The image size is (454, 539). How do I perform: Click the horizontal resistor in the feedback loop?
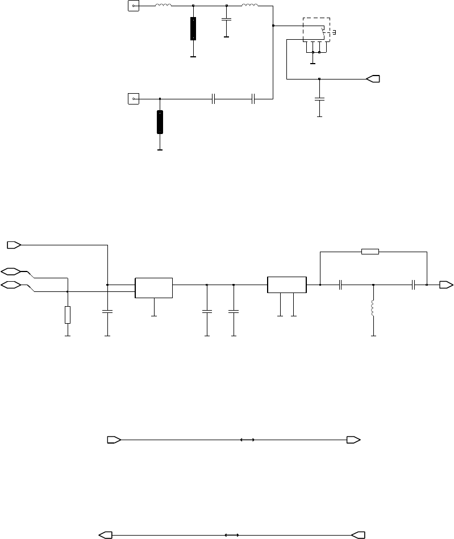(370, 250)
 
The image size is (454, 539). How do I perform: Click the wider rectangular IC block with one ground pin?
(154, 287)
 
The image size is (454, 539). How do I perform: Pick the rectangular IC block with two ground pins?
(287, 285)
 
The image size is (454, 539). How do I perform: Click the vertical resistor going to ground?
(68, 314)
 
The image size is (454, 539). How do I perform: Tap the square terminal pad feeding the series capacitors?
(133, 99)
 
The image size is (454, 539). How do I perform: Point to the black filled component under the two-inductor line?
(193, 28)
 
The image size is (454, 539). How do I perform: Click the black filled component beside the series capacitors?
(160, 122)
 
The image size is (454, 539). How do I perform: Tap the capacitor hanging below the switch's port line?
(319, 99)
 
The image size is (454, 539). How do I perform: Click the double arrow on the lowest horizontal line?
(231, 534)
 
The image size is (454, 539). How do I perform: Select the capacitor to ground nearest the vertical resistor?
(107, 311)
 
